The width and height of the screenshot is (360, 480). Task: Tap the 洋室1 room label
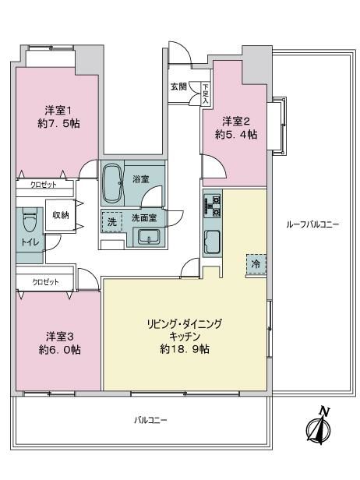58,110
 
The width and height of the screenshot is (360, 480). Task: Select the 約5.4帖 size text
236,134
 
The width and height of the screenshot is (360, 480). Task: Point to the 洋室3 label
60,337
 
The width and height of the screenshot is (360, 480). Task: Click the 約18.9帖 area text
185,349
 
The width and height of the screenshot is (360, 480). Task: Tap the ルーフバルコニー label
312,224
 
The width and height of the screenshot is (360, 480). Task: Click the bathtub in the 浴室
112,184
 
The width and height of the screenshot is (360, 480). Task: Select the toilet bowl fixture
30,220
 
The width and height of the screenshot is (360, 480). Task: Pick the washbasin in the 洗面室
149,237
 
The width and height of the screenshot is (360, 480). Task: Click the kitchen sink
212,242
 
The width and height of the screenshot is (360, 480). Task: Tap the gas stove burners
212,206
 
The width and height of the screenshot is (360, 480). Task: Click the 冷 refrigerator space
256,264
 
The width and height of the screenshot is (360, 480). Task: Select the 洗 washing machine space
112,222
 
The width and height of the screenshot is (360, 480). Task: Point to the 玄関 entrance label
178,86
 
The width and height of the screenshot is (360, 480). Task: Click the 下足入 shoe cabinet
206,94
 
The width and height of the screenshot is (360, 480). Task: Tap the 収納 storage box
61,215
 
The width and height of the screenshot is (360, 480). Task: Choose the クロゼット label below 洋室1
44,185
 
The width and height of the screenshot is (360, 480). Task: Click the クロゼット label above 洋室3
46,282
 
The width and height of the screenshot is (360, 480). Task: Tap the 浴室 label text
141,179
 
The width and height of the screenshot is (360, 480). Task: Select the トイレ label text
30,243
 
